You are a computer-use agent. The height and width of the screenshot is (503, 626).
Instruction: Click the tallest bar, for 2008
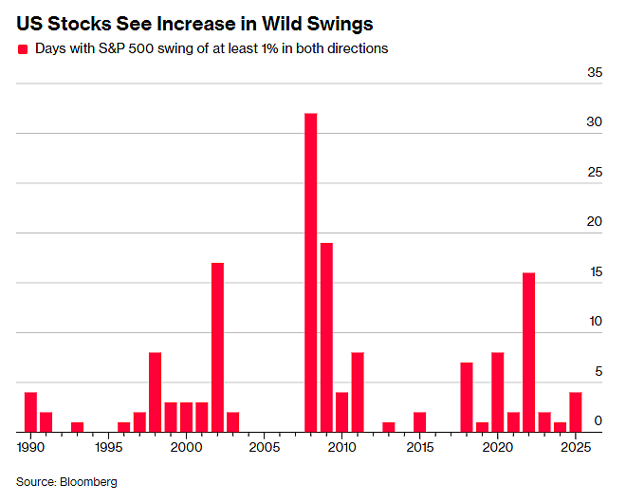tap(310, 272)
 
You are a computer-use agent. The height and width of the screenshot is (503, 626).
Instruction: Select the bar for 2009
tap(326, 337)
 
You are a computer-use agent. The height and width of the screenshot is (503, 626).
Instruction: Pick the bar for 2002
tap(217, 347)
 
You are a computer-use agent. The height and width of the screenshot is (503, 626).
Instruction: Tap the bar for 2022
tap(528, 352)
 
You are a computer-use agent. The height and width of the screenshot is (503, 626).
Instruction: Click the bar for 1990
tap(30, 412)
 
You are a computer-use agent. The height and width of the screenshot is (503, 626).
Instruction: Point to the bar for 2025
tap(576, 412)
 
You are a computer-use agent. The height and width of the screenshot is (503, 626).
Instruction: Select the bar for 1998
tap(155, 392)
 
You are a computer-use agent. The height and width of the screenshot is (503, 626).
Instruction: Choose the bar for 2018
tap(467, 397)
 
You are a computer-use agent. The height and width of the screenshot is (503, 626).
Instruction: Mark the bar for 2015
tap(419, 422)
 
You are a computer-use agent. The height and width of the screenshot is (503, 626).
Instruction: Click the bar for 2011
tap(358, 392)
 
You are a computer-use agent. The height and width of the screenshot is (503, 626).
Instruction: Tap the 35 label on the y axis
tap(595, 72)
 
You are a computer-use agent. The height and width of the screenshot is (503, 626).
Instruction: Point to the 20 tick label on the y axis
tap(594, 221)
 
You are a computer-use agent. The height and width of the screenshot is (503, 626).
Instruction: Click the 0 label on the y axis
tap(598, 420)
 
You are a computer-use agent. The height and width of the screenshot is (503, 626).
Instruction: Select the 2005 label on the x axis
tap(265, 447)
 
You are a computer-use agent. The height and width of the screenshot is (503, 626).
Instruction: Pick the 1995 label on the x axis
tap(108, 447)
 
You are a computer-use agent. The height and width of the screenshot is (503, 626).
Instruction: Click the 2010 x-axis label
tap(341, 447)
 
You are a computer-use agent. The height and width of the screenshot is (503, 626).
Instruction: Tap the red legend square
tap(23, 49)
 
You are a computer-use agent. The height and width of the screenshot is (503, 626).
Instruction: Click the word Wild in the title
tap(282, 24)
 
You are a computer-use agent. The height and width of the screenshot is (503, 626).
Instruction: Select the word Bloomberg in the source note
tap(88, 482)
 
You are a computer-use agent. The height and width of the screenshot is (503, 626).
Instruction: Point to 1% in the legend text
tap(269, 48)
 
